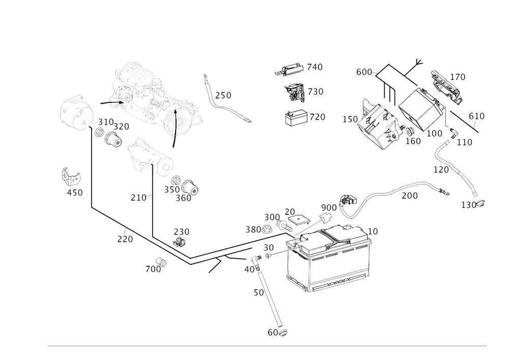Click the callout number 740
316,67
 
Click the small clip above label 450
70,176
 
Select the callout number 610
476,117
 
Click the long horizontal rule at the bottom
267,346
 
